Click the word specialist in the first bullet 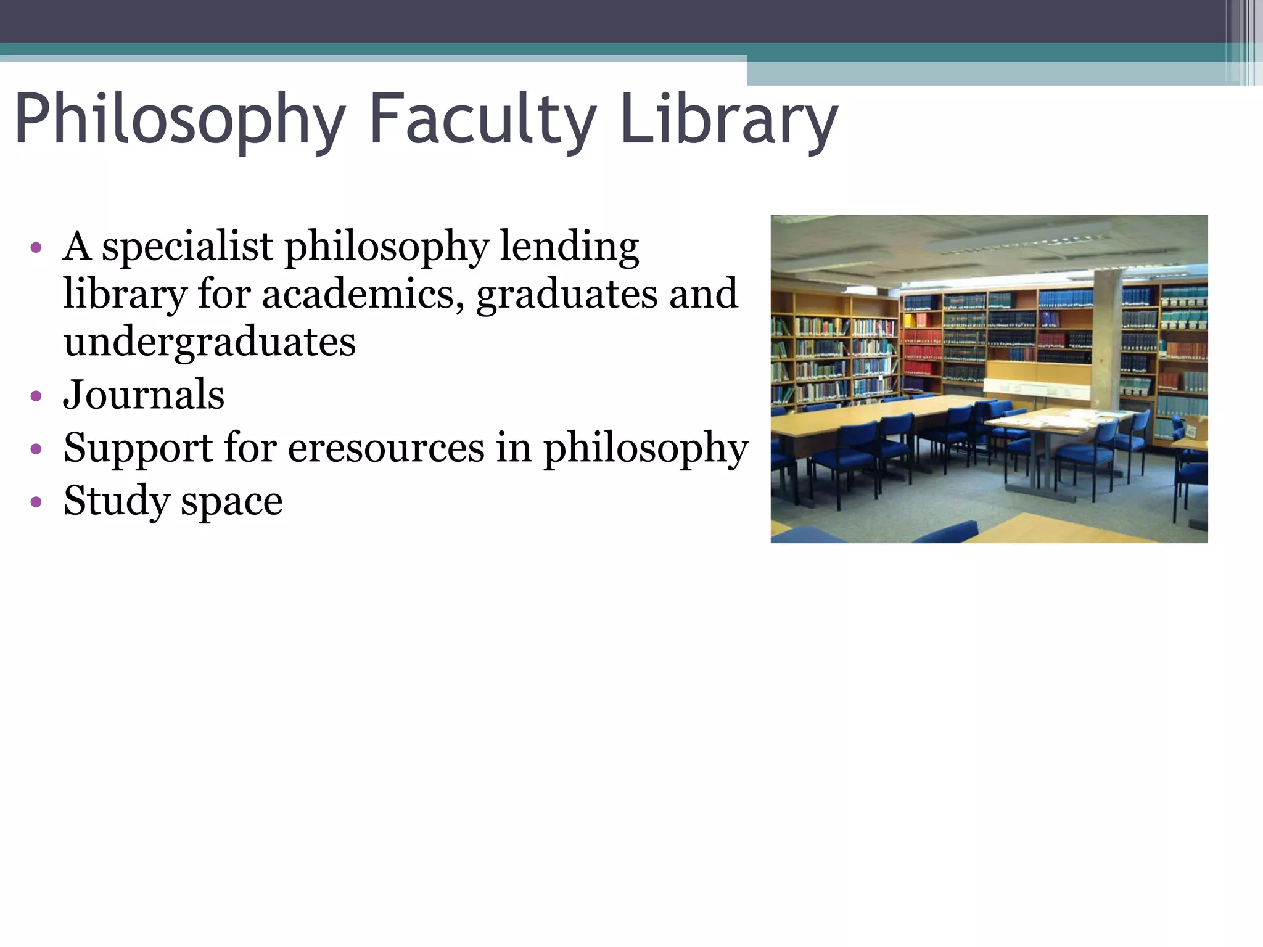(187, 247)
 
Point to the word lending (569, 247)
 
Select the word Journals (144, 395)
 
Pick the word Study (116, 501)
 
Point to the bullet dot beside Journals (36, 396)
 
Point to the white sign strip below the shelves (1036, 388)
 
